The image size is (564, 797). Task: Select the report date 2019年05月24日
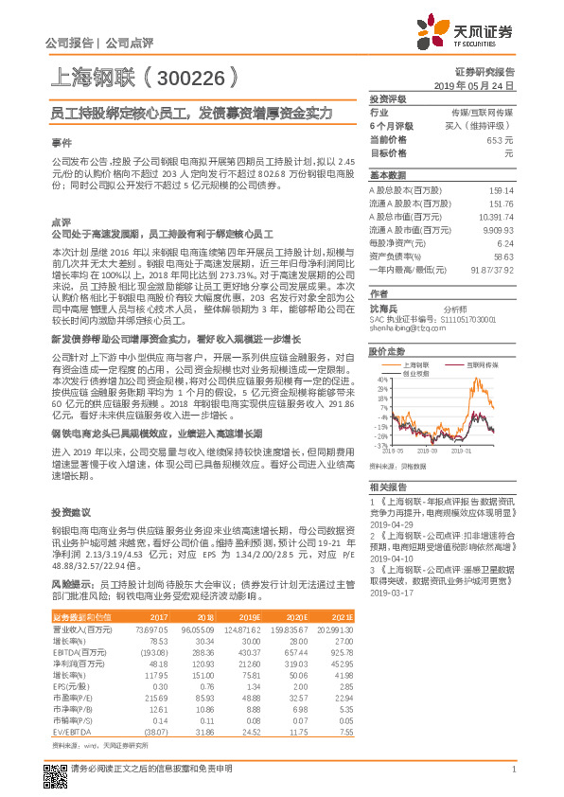pyautogui.click(x=480, y=85)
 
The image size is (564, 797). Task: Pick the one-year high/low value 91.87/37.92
pyautogui.click(x=492, y=269)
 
